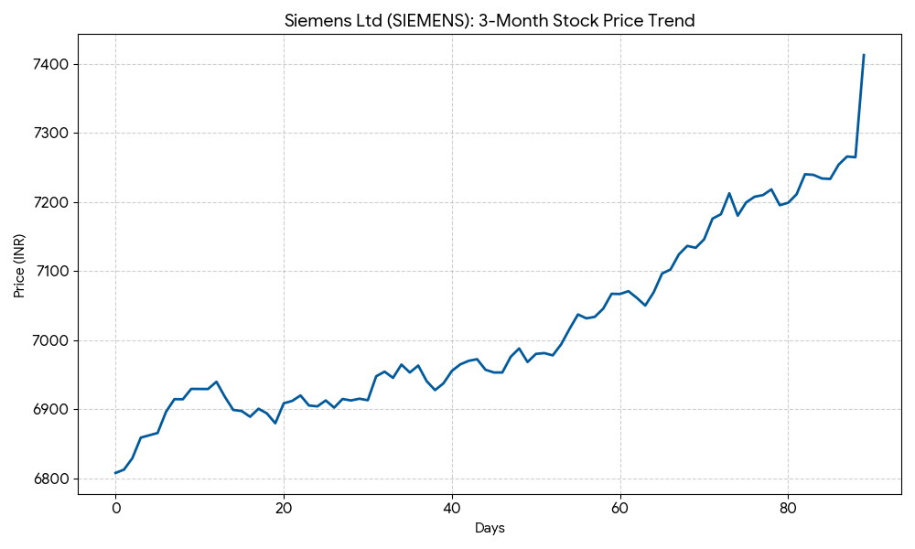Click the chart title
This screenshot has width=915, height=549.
pyautogui.click(x=490, y=20)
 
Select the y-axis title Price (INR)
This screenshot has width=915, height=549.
pyautogui.click(x=19, y=265)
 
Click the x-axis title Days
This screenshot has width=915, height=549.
pyautogui.click(x=490, y=528)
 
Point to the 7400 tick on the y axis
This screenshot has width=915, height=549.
pyautogui.click(x=50, y=64)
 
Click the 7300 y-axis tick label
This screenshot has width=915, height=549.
pyautogui.click(x=50, y=134)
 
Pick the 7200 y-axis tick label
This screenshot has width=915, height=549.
pyautogui.click(x=50, y=202)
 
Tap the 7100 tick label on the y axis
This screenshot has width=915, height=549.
pyautogui.click(x=50, y=272)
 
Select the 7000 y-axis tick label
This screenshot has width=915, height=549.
pyautogui.click(x=50, y=340)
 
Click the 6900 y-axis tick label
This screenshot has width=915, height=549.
pyautogui.click(x=50, y=409)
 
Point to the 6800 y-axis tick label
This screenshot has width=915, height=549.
pyautogui.click(x=50, y=479)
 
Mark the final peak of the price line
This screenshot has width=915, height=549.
pyautogui.click(x=864, y=55)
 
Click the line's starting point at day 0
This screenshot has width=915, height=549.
pyautogui.click(x=115, y=473)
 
